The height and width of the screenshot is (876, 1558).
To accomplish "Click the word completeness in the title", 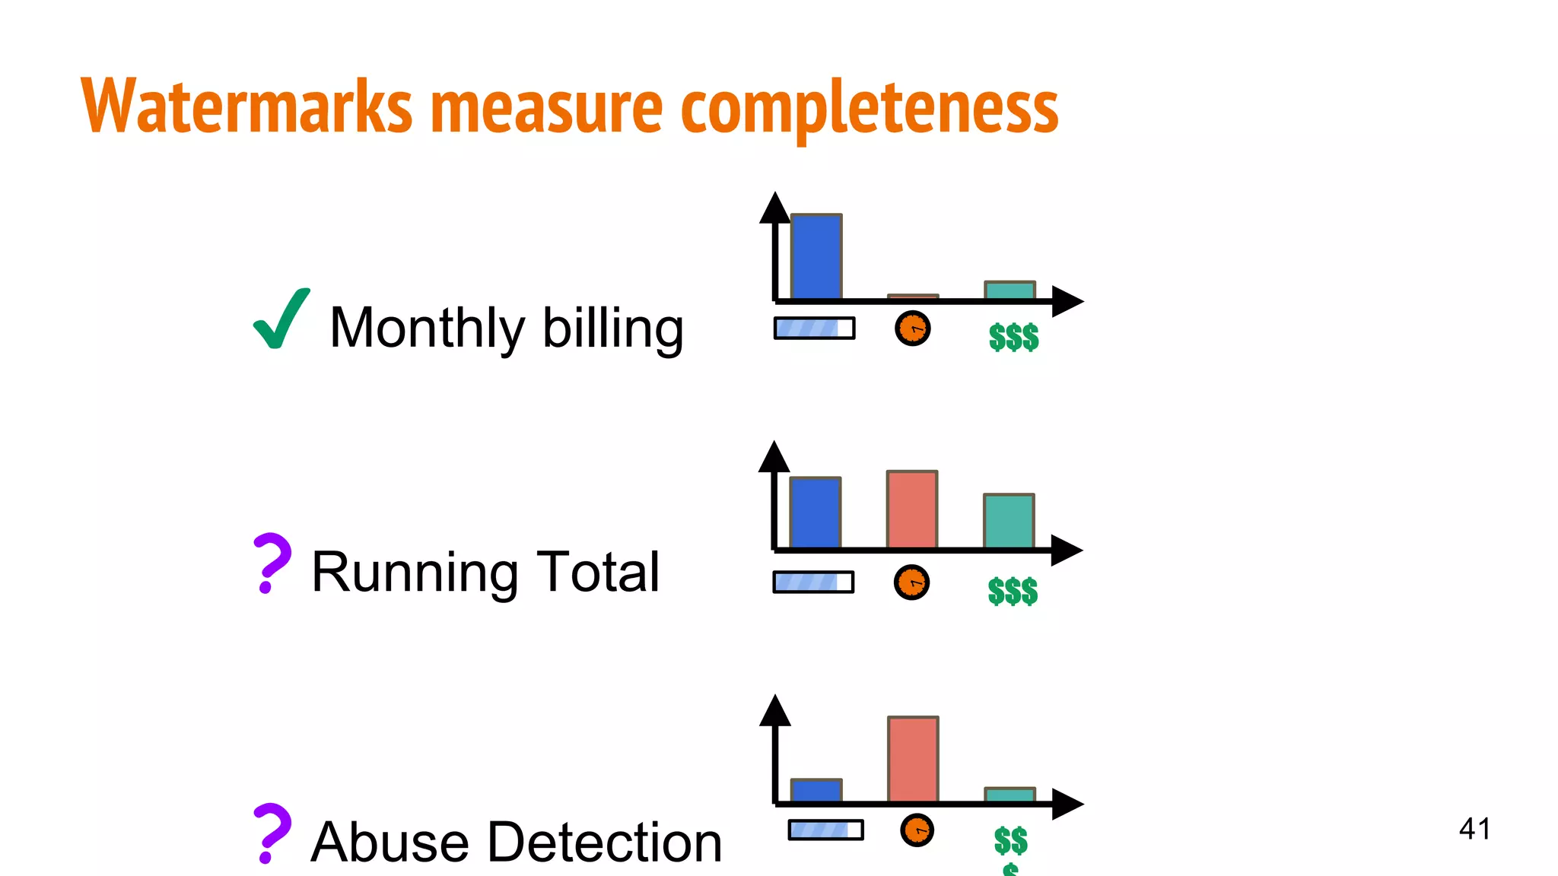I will [x=869, y=108].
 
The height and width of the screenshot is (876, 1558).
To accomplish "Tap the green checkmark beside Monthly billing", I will [x=281, y=319].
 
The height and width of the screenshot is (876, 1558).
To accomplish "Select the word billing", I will [x=612, y=328].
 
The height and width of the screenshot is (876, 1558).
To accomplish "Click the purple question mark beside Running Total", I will [x=271, y=563].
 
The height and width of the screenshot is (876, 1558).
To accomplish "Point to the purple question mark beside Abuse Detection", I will [x=271, y=833].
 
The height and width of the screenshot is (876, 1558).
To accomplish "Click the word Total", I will [x=598, y=572].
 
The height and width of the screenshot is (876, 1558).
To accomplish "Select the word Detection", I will [x=606, y=843].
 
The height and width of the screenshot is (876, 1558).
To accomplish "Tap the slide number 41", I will [x=1474, y=829].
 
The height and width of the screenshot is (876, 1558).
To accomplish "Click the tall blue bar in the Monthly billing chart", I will [x=816, y=257].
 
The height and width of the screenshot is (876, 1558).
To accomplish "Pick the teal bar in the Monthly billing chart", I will [x=1010, y=290].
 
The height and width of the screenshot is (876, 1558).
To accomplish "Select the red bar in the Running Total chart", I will [x=912, y=509].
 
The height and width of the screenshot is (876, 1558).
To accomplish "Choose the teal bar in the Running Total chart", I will [x=1009, y=521].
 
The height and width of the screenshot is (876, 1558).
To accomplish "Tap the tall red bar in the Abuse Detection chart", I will [x=913, y=759].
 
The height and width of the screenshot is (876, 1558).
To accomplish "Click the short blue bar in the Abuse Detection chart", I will [x=816, y=791].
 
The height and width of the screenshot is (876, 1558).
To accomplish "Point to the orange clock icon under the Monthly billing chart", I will [x=913, y=328].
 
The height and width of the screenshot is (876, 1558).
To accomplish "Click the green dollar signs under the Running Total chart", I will [x=1013, y=591].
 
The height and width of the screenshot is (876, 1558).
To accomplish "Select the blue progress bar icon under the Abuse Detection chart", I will [x=825, y=830].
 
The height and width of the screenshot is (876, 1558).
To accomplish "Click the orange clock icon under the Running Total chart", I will [x=911, y=582].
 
